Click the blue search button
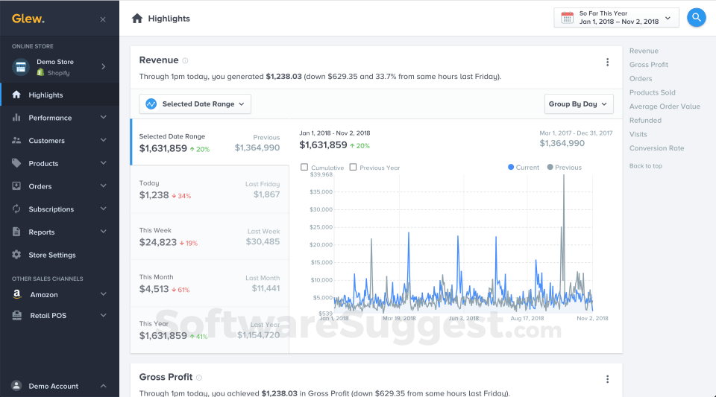696,17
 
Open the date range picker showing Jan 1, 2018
616,17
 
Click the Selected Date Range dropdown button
195,104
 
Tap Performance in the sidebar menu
50,118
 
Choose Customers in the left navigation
46,141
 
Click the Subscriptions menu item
51,209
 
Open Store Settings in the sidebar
52,255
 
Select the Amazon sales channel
43,295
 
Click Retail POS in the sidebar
48,316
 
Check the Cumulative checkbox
304,168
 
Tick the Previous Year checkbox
353,168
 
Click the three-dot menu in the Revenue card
607,63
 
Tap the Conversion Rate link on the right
656,148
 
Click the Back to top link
645,166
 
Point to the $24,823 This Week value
158,242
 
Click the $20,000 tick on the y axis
321,244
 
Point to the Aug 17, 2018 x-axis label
525,318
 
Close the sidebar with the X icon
103,19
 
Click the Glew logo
28,19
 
